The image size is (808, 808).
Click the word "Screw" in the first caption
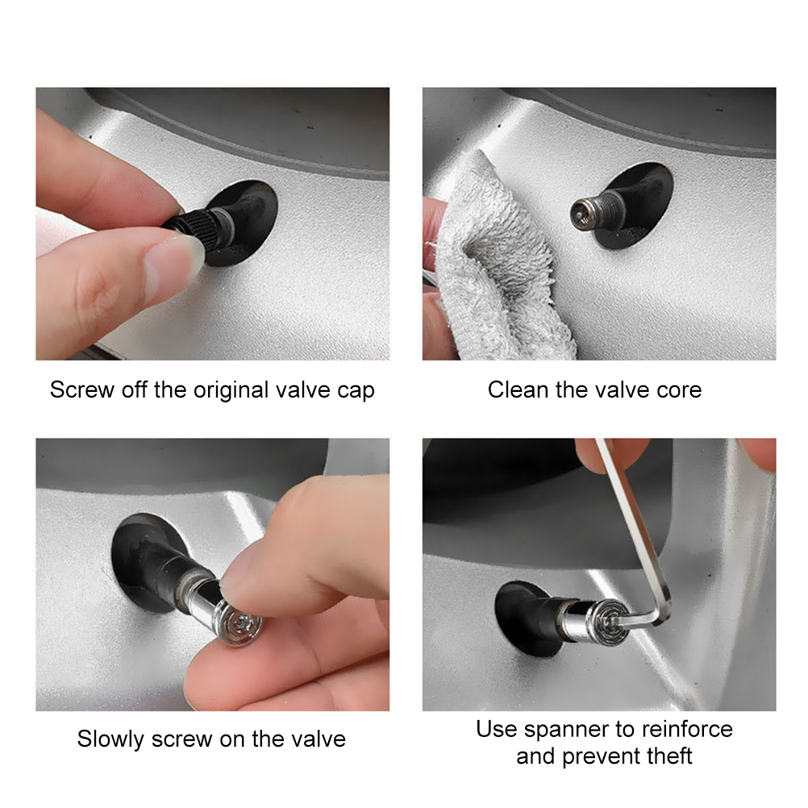(x=82, y=389)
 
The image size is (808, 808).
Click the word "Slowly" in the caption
(x=110, y=739)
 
